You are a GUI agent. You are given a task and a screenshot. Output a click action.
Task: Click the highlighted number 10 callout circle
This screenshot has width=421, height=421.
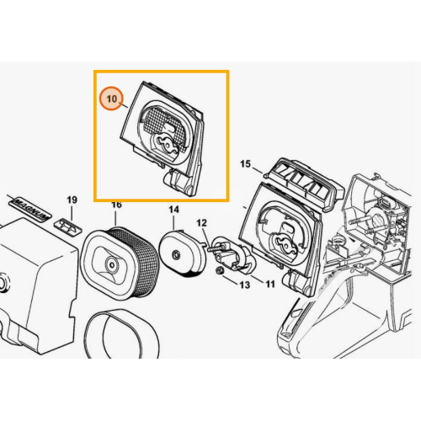point(112,99)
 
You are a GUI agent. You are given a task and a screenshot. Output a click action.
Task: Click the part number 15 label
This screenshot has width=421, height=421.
point(245,164)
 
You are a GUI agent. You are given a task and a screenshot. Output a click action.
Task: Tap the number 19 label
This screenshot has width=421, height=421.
point(72,200)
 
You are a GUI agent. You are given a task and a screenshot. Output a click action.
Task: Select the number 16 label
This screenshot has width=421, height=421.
point(117,205)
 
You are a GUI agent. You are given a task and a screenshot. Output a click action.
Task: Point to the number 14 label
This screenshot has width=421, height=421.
point(173,210)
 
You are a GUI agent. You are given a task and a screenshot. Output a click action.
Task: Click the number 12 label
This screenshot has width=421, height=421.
point(201,223)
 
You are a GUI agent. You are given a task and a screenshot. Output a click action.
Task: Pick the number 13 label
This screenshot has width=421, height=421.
point(244,285)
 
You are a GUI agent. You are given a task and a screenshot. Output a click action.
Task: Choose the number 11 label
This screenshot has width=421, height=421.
point(269,285)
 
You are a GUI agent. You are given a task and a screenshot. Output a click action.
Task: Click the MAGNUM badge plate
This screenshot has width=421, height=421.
point(31,210)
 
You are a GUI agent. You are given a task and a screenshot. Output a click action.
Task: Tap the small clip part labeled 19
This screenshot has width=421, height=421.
point(69,226)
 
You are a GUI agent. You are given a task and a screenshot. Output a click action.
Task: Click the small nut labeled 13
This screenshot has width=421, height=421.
point(220,271)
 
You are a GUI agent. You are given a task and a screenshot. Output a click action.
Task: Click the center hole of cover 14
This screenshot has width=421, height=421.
point(176,254)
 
